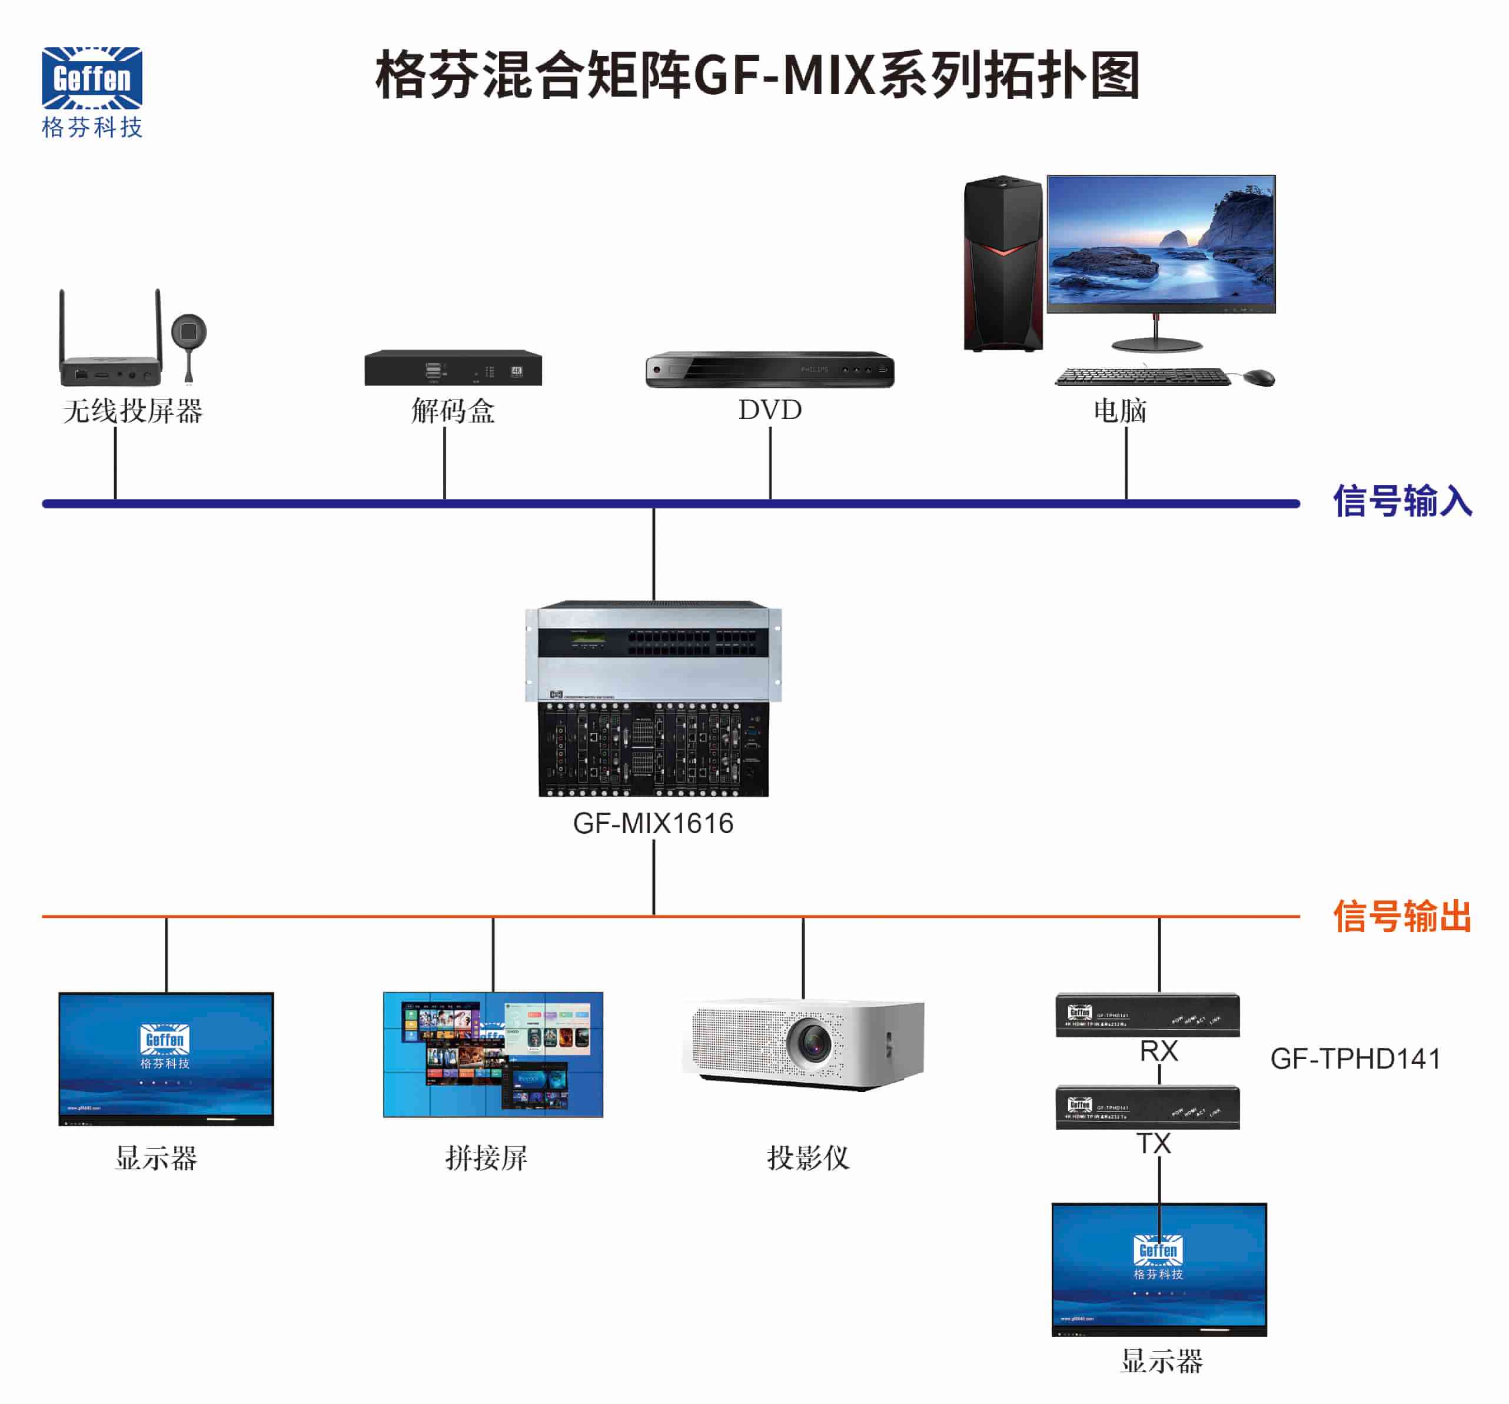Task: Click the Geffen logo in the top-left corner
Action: [x=92, y=78]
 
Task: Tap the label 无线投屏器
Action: [x=133, y=411]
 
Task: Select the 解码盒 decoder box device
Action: [x=453, y=368]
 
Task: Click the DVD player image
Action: [x=770, y=370]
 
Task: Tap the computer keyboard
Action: [x=1143, y=377]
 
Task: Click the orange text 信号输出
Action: [x=1402, y=917]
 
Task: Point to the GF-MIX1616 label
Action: [x=653, y=823]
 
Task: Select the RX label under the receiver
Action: [x=1158, y=1051]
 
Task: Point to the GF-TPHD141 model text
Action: [x=1355, y=1059]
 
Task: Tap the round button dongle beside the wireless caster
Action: [x=189, y=333]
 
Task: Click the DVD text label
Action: [x=770, y=410]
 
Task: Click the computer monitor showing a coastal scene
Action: [x=1161, y=244]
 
